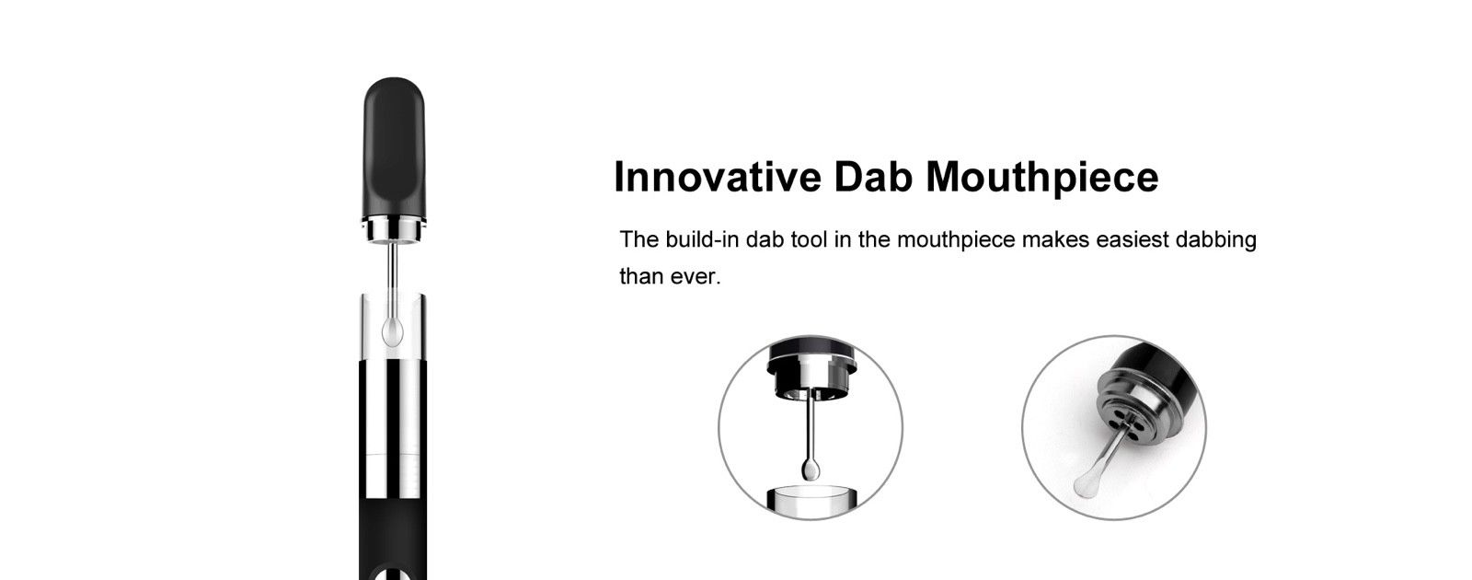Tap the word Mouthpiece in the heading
point(1042,178)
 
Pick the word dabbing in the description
point(1215,240)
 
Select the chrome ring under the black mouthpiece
point(395,232)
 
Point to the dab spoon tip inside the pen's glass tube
point(392,332)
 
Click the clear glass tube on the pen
point(395,327)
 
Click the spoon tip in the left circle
point(811,470)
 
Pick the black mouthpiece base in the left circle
point(811,367)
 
